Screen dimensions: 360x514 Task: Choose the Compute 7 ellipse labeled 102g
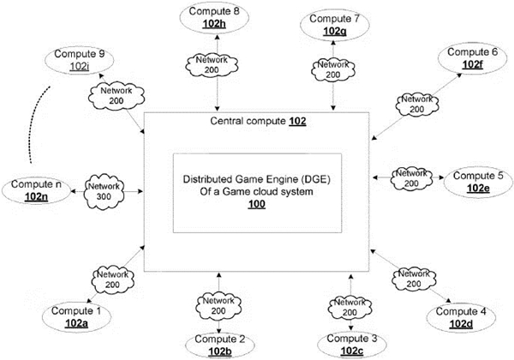point(335,24)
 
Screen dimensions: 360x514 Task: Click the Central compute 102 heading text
point(258,122)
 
